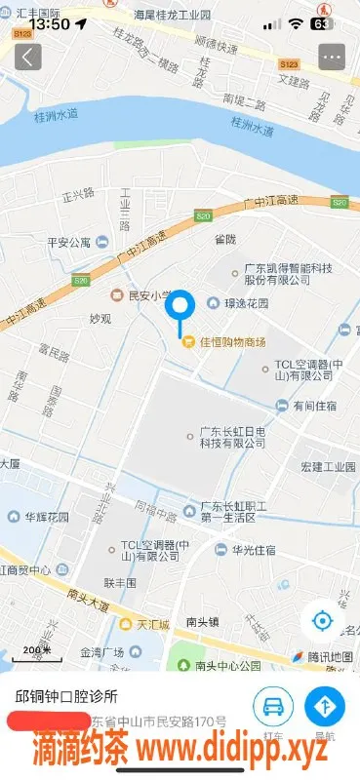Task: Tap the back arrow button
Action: [x=27, y=57]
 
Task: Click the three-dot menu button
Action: [x=333, y=57]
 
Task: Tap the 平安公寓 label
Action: [x=68, y=242]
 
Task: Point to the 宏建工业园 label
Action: [x=328, y=466]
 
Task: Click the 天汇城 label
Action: [x=152, y=623]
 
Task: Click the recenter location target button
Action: [x=323, y=620]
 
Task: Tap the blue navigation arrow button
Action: [x=324, y=706]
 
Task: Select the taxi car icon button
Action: [x=273, y=706]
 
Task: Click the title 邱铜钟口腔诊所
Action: [x=66, y=697]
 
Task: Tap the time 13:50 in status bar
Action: [x=50, y=23]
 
